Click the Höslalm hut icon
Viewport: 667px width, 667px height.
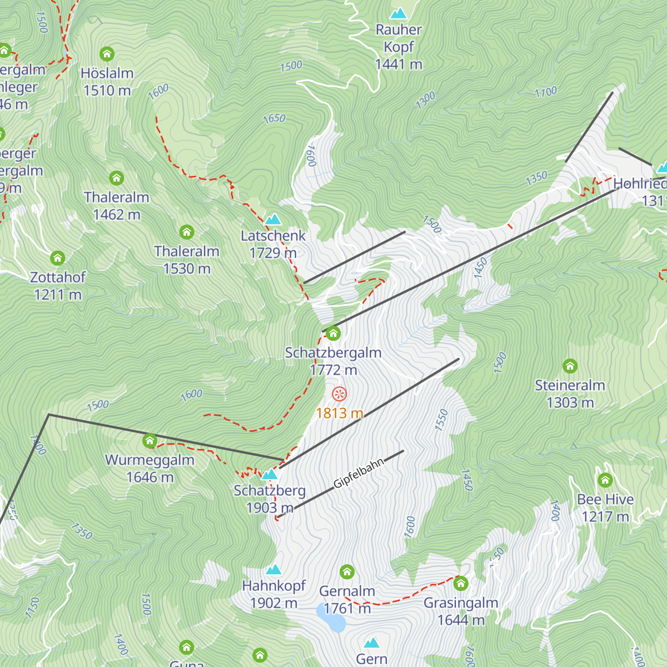coord(107,54)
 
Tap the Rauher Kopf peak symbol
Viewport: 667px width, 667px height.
coord(399,13)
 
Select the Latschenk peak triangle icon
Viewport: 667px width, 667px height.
coord(273,220)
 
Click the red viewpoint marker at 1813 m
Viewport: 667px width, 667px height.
coord(339,395)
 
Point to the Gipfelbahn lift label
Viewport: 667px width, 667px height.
coord(359,474)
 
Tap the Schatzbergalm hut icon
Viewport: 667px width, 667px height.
coord(333,333)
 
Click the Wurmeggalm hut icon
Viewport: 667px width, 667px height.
coord(150,441)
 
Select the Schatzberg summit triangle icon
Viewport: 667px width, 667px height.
coord(270,474)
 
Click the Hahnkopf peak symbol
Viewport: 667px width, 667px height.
coord(273,570)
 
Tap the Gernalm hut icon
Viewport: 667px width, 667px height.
coord(347,571)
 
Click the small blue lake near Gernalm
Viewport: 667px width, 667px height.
coord(331,617)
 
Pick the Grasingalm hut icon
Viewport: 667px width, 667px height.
coord(461,584)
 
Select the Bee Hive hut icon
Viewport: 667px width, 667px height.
coord(605,480)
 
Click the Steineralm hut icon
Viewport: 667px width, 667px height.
coord(570,366)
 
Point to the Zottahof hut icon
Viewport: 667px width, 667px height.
coord(58,258)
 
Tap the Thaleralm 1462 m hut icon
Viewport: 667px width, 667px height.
coord(116,178)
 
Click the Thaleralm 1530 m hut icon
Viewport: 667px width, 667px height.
coord(187,232)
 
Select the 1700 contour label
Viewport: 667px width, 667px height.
coord(546,92)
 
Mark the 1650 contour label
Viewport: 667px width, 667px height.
coord(274,118)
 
